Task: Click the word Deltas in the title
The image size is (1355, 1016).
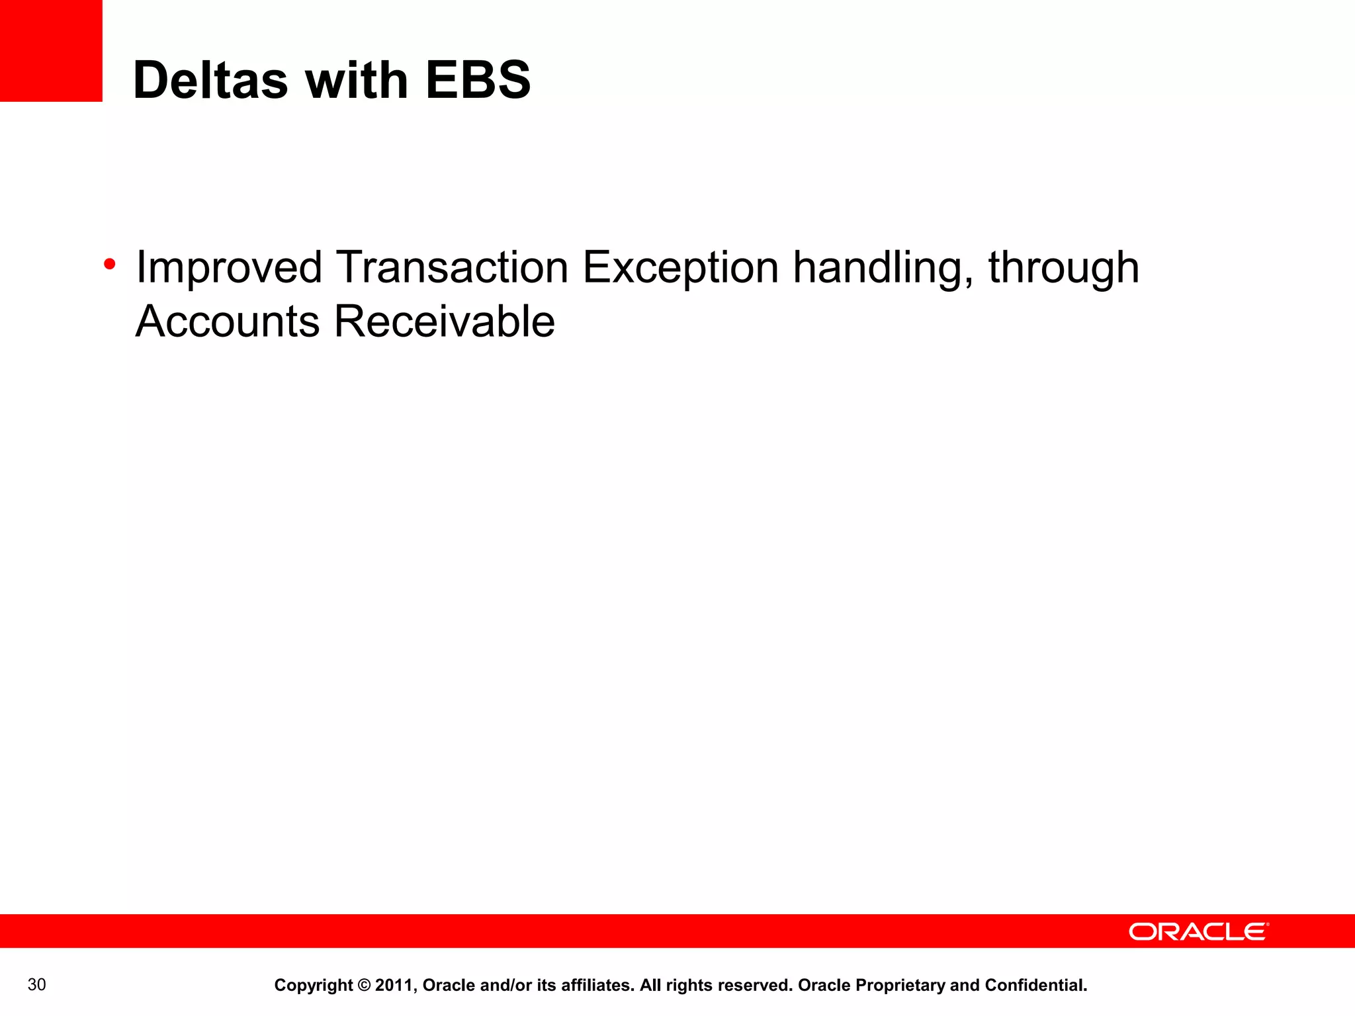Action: click(x=210, y=81)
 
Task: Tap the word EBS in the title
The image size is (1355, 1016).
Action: click(x=478, y=81)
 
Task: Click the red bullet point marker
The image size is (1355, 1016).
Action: click(x=110, y=265)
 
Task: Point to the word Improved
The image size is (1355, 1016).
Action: click(x=229, y=269)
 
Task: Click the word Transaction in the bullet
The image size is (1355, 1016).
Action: click(x=453, y=267)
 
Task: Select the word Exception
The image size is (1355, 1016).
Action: click(x=680, y=269)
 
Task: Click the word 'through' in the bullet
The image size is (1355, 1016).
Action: click(x=1063, y=269)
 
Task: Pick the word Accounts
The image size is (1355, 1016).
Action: click(x=228, y=321)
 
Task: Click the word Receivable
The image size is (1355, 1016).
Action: click(x=445, y=321)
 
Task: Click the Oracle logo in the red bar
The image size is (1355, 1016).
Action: click(x=1198, y=932)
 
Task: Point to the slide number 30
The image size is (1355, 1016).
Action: click(x=37, y=985)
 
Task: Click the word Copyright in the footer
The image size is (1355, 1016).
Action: click(x=313, y=986)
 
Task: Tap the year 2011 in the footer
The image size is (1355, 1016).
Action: click(x=395, y=986)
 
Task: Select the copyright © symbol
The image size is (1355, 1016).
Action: click(x=364, y=986)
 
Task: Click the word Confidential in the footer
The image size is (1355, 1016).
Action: click(x=1035, y=986)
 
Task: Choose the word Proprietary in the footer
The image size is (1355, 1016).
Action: click(x=900, y=986)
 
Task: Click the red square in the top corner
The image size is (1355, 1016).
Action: click(x=51, y=50)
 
